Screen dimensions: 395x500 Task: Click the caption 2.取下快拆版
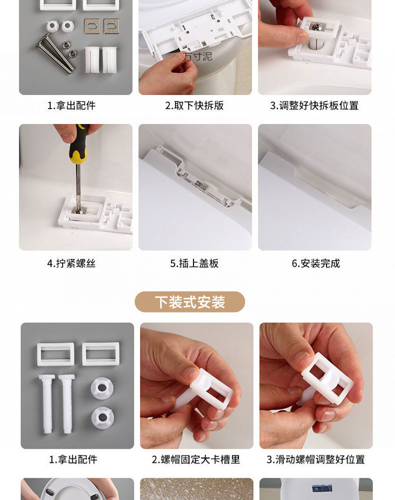(x=194, y=105)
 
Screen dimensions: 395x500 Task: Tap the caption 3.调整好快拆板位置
(x=314, y=105)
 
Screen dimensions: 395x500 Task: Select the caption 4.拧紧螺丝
(x=71, y=263)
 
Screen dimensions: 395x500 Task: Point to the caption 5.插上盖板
(x=194, y=263)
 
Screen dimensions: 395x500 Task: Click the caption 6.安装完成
(x=316, y=263)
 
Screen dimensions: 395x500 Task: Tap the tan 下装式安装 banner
(x=190, y=301)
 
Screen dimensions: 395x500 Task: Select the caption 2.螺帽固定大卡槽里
(x=195, y=459)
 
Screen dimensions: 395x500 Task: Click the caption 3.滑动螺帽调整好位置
(x=315, y=459)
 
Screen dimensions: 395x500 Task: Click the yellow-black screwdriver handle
(x=78, y=143)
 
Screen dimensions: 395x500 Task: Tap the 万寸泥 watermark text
(x=197, y=57)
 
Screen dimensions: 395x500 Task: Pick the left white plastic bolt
(x=46, y=403)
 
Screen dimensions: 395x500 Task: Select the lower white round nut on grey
(x=102, y=417)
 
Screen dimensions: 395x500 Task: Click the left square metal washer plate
(x=92, y=26)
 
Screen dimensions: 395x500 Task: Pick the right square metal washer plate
(x=111, y=26)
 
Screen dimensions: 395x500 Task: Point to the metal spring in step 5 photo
(x=201, y=184)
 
